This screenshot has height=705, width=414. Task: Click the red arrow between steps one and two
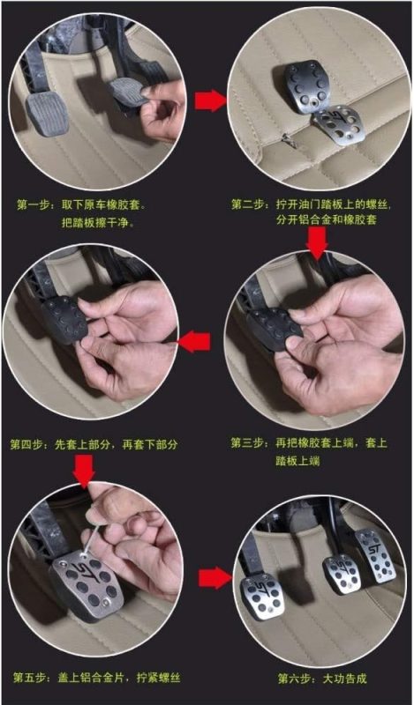pyautogui.click(x=210, y=100)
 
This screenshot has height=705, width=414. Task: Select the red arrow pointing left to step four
pyautogui.click(x=193, y=342)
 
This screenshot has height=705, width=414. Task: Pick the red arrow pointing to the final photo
pyautogui.click(x=215, y=578)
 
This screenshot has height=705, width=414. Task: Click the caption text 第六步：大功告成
pyautogui.click(x=322, y=678)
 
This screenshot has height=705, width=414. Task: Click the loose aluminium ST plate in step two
pyautogui.click(x=337, y=125)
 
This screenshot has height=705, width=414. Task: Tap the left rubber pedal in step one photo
pyautogui.click(x=47, y=114)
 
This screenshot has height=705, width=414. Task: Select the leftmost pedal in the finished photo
pyautogui.click(x=263, y=597)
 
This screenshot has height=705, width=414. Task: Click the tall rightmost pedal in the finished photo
pyautogui.click(x=375, y=556)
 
